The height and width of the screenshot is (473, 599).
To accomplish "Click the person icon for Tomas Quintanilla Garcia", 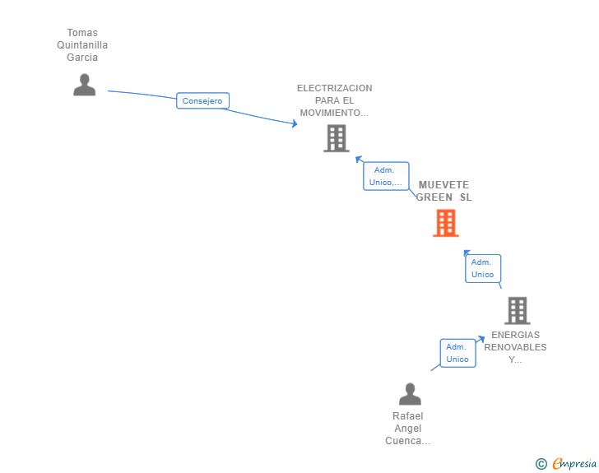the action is (x=85, y=85).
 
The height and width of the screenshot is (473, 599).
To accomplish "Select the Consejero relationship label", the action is (x=202, y=101).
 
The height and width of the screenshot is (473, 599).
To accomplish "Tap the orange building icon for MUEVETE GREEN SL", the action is (x=446, y=223).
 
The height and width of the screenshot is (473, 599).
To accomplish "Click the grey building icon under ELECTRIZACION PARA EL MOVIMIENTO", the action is (x=337, y=138).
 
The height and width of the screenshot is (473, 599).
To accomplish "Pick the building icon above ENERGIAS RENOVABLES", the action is (x=518, y=311).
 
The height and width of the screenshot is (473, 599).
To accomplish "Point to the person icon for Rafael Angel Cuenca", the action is (x=410, y=394).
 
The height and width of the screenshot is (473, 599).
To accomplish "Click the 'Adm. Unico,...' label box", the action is (x=386, y=176).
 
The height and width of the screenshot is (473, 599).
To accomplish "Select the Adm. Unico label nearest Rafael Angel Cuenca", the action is (x=457, y=353).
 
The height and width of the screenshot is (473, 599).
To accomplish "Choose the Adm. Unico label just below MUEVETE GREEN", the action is (x=483, y=269).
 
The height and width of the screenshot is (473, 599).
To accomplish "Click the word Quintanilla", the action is (x=82, y=45).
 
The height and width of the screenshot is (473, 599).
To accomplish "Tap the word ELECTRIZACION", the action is (x=335, y=88).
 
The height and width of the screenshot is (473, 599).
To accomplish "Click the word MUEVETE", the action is (x=444, y=185).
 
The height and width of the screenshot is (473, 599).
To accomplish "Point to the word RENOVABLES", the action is (x=515, y=347).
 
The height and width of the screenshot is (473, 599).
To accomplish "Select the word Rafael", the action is (x=408, y=416).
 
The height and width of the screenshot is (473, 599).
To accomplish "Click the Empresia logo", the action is (x=574, y=464).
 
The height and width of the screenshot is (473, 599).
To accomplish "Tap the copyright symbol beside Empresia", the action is (x=541, y=464).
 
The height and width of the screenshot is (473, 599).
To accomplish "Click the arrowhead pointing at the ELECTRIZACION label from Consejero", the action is (x=295, y=123).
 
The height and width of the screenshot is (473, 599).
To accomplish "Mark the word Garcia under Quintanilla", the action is (x=82, y=58).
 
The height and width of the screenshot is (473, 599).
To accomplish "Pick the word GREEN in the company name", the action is (x=434, y=197).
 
